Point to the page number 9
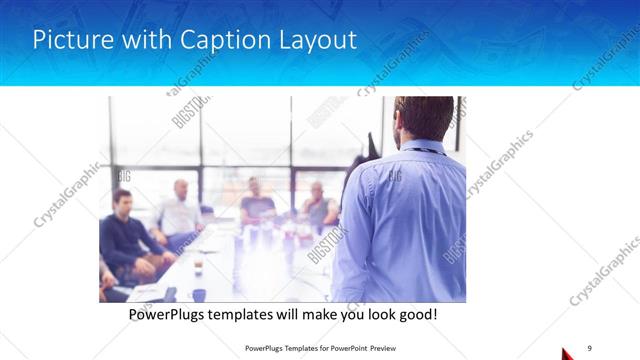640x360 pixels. tap(589, 347)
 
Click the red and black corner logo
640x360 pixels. tap(568, 353)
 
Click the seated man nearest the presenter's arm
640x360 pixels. tap(318, 205)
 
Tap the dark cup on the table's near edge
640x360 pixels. tap(199, 295)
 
